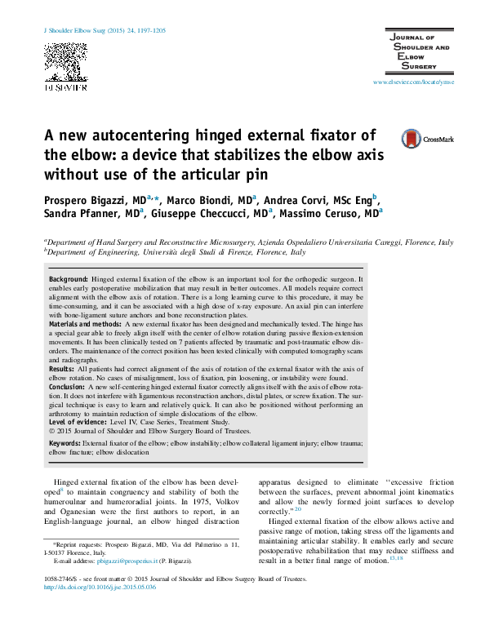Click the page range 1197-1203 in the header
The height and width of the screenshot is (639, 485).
pyautogui.click(x=147, y=30)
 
